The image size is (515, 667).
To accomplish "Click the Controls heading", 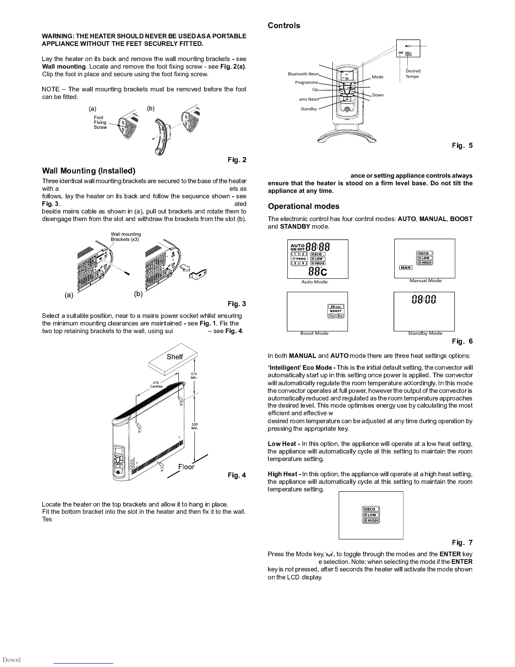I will pyautogui.click(x=284, y=26).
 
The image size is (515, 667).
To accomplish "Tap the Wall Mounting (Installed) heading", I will pyautogui.click(x=89, y=171).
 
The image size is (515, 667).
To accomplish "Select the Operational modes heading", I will pyautogui.click(x=303, y=206).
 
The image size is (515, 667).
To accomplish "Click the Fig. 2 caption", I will pyautogui.click(x=237, y=160).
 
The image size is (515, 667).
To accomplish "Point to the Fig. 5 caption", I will pyautogui.click(x=462, y=146).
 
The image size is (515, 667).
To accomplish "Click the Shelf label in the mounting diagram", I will pyautogui.click(x=175, y=357).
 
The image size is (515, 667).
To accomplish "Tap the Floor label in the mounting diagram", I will pyautogui.click(x=186, y=467).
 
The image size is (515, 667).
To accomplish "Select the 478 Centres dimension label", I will pyautogui.click(x=156, y=384).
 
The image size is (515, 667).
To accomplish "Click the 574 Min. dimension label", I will pyautogui.click(x=194, y=376).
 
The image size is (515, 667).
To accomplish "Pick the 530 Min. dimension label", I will pyautogui.click(x=194, y=426).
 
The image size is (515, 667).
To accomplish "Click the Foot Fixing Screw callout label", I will pyautogui.click(x=100, y=123).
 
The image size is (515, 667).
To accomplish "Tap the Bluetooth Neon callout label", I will pyautogui.click(x=303, y=74).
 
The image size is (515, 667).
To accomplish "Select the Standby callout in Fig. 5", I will pyautogui.click(x=308, y=109).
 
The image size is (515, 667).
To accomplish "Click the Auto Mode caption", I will pyautogui.click(x=314, y=282).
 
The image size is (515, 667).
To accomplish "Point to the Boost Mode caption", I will pyautogui.click(x=314, y=333).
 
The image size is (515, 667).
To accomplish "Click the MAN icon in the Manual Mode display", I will pyautogui.click(x=406, y=268).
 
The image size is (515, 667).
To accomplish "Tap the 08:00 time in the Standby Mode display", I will pyautogui.click(x=424, y=300).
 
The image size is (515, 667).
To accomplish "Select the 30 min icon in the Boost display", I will pyautogui.click(x=336, y=307).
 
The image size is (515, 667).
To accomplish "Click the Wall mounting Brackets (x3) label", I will pyautogui.click(x=125, y=237).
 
